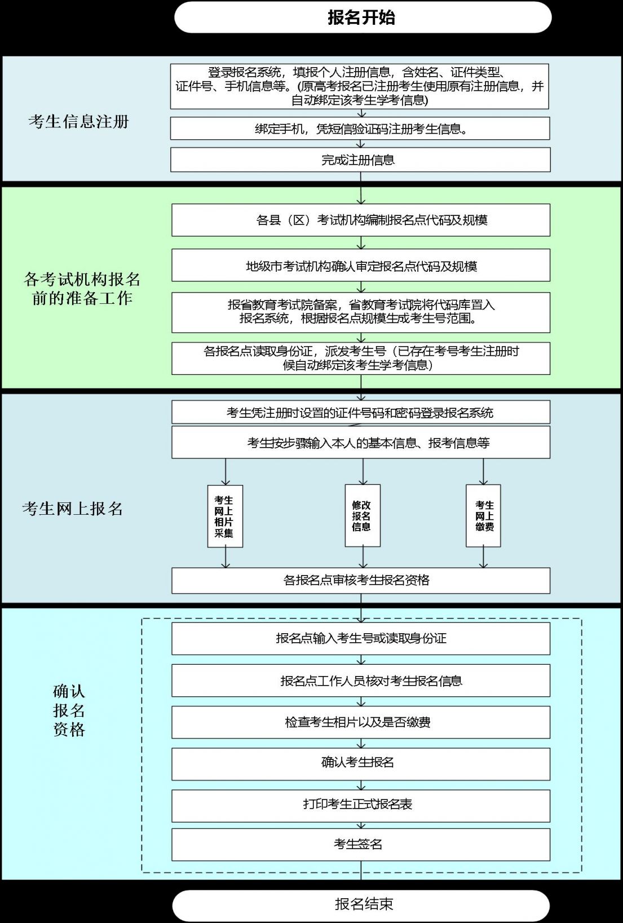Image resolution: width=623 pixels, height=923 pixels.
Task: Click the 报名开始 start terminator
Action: click(363, 17)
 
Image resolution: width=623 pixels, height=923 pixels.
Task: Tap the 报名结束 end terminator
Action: click(361, 906)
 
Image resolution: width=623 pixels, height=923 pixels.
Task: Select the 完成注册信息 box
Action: click(360, 160)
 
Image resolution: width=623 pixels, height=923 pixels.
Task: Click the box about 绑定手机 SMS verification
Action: click(360, 129)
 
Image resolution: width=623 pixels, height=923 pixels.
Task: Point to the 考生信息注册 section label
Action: click(79, 122)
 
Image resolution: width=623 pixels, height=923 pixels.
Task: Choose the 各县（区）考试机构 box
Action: click(361, 220)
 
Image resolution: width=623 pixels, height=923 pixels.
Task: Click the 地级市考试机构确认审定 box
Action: click(361, 266)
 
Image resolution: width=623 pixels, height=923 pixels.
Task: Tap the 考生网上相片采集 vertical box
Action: click(225, 516)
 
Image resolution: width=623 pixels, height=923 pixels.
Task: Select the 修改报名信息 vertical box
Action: click(363, 515)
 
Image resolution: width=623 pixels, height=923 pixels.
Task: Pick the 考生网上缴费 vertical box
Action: click(483, 515)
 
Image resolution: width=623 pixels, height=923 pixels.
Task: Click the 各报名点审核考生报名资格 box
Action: click(361, 581)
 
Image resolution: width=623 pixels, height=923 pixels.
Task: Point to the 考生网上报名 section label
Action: click(73, 509)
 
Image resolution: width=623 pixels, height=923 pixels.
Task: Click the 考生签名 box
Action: click(361, 845)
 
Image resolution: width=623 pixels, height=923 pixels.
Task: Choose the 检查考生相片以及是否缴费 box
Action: click(361, 722)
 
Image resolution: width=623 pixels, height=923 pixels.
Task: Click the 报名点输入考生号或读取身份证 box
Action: click(361, 639)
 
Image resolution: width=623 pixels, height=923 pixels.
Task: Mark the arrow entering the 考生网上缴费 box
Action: click(483, 471)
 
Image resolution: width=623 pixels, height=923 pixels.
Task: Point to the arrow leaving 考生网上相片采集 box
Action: click(226, 558)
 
